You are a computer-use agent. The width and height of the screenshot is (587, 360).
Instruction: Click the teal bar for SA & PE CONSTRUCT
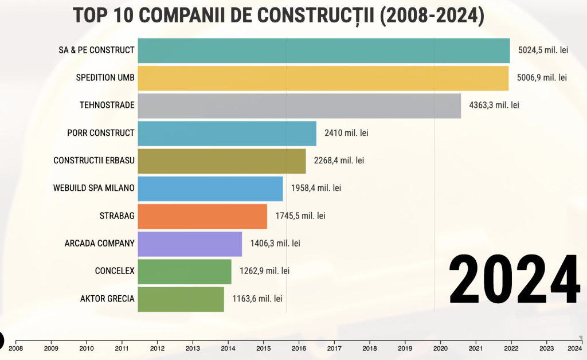tap(324, 50)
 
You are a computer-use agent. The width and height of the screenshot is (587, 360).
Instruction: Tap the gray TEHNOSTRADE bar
tap(299, 105)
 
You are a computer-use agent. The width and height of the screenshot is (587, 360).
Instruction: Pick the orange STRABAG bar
tap(202, 216)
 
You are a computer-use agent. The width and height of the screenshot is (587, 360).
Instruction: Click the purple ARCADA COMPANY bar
tap(190, 244)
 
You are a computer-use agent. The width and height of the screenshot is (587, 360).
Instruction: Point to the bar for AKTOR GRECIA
tap(181, 299)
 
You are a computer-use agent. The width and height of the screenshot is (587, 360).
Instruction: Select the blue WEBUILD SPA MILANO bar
tap(210, 189)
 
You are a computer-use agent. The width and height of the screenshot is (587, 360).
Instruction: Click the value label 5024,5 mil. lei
tap(543, 50)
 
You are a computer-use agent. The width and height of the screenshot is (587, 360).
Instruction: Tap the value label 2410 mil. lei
tap(346, 133)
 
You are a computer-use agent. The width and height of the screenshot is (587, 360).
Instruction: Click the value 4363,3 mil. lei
tap(494, 105)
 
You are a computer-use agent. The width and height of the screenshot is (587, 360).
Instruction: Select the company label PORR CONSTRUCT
tap(101, 133)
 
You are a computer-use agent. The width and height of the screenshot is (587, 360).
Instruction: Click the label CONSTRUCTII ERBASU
tap(94, 161)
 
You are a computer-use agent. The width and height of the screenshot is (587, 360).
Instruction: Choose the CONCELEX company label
tap(115, 271)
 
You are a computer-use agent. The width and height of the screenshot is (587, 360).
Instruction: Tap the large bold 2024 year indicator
tap(514, 279)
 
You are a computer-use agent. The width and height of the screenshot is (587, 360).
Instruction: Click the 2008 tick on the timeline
tap(16, 347)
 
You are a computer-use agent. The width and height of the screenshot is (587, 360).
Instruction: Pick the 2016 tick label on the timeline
tap(299, 347)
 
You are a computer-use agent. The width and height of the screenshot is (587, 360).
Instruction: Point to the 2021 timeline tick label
tap(476, 347)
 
